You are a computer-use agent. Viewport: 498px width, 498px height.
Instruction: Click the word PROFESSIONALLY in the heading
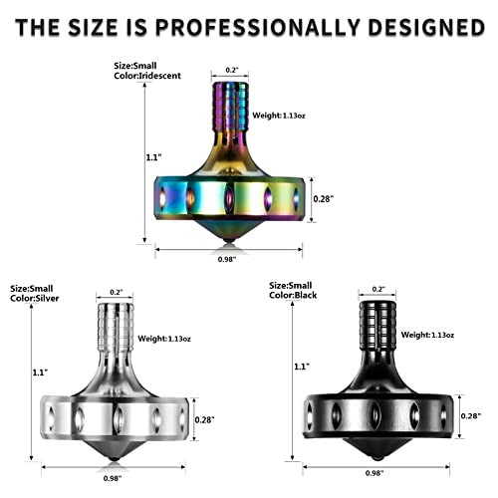click(258, 27)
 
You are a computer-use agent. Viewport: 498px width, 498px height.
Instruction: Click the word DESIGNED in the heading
click(426, 27)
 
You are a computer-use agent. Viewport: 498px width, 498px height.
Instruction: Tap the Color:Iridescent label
click(147, 76)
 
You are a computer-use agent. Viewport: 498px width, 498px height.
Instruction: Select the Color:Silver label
click(35, 298)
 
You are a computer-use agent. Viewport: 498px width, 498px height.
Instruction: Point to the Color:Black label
click(293, 295)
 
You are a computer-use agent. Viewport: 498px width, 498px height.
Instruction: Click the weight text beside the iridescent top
click(279, 116)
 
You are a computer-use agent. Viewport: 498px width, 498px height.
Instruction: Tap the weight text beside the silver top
click(164, 339)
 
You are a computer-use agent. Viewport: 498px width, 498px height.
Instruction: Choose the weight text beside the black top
click(427, 335)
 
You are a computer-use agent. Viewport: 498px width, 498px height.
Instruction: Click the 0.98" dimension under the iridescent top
click(227, 259)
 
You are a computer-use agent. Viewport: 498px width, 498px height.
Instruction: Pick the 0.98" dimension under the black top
click(374, 473)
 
